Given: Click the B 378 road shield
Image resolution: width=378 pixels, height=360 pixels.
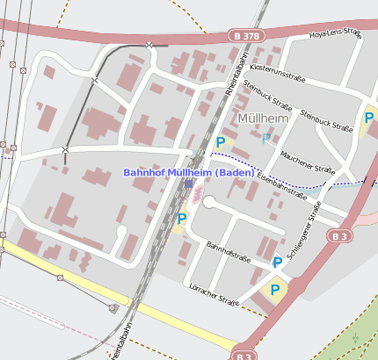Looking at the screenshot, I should pyautogui.click(x=247, y=35).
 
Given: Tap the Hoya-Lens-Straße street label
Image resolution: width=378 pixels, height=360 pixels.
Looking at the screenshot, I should pyautogui.click(x=336, y=34).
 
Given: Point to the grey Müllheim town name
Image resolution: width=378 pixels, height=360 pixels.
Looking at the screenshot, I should pyautogui.click(x=263, y=117).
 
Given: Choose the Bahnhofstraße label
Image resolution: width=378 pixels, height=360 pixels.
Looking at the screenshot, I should pyautogui.click(x=229, y=252).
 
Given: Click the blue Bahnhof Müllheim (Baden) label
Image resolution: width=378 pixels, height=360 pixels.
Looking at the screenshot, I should pyautogui.click(x=189, y=172).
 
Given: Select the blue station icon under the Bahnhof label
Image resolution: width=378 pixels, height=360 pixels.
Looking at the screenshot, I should pyautogui.click(x=188, y=183).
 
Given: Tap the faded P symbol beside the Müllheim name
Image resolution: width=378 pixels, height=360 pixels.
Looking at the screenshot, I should pyautogui.click(x=266, y=138).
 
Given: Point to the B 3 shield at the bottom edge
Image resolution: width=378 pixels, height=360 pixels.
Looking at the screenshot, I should pyautogui.click(x=244, y=356).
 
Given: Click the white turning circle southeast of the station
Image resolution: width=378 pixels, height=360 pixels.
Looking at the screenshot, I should pyautogui.click(x=209, y=203).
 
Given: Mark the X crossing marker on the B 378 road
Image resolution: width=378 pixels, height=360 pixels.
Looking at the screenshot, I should pyautogui.click(x=149, y=44).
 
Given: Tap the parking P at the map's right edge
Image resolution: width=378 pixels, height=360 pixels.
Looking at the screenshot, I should pyautogui.click(x=369, y=119).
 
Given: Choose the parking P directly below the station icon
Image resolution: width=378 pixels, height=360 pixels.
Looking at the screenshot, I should pyautogui.click(x=182, y=218).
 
